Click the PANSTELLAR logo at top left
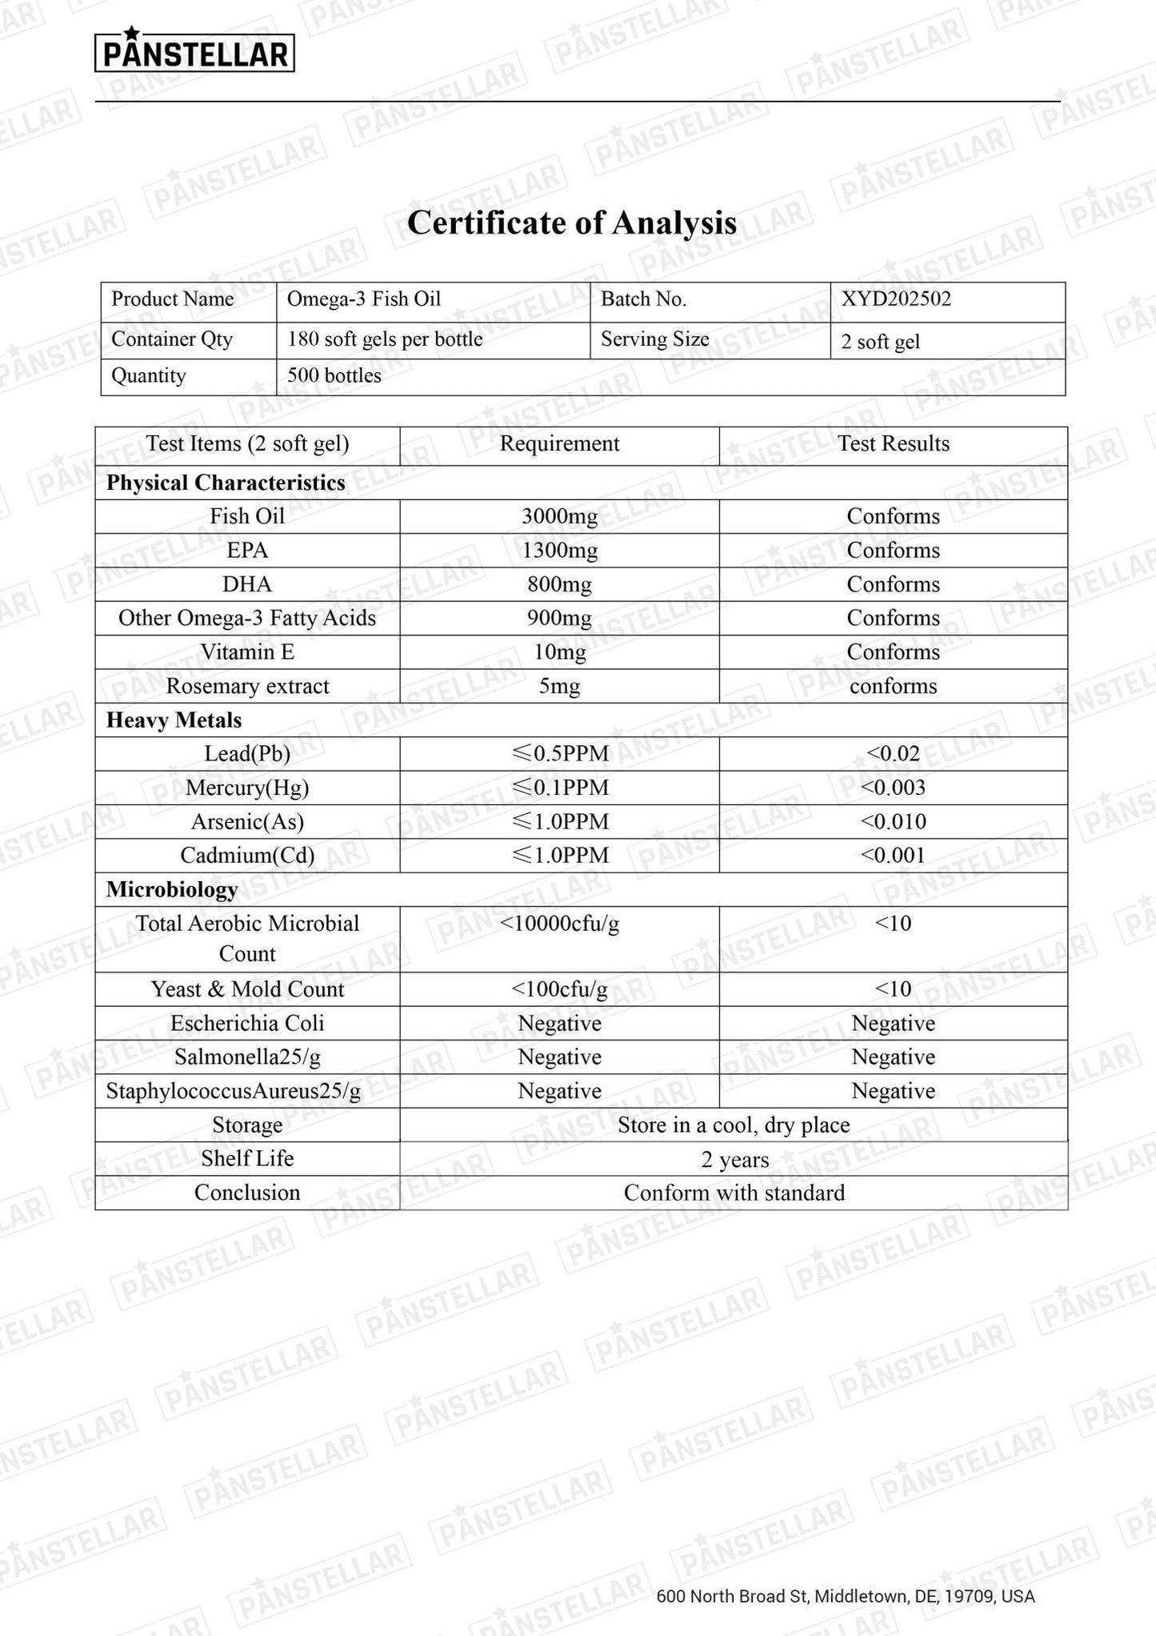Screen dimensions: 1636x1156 (194, 53)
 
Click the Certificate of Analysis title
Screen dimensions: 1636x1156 (571, 223)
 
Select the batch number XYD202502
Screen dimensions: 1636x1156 (896, 299)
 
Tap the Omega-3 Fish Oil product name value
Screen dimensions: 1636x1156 (364, 299)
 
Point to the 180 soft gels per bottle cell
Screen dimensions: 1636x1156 (385, 339)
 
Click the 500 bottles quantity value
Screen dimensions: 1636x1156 (334, 376)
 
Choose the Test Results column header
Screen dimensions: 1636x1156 (893, 444)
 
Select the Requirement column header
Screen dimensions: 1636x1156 (559, 444)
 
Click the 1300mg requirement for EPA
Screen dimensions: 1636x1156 (559, 551)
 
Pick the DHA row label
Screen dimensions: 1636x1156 (247, 584)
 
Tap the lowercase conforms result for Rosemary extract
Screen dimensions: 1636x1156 (893, 687)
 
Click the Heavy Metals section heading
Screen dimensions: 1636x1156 (174, 720)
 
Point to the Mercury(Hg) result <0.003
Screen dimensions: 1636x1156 (893, 788)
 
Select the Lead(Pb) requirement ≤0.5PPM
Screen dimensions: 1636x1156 (559, 754)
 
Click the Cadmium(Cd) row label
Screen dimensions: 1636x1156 (247, 856)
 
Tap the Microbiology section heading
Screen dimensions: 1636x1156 (172, 890)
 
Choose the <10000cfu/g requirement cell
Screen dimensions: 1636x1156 (559, 924)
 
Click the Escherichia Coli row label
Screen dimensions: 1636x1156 (247, 1024)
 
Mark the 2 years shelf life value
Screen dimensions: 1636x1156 (734, 1160)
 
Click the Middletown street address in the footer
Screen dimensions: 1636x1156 (845, 1597)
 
